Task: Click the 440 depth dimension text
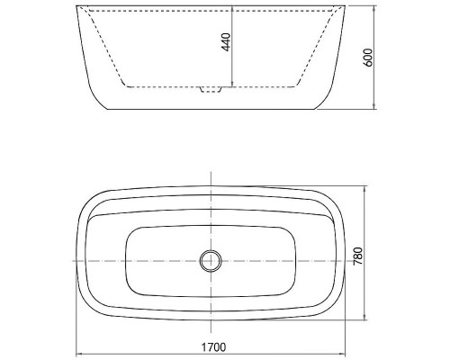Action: pos(226,42)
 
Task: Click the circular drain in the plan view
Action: pos(210,260)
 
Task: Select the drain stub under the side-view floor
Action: pos(210,90)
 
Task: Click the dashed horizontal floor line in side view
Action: pos(162,86)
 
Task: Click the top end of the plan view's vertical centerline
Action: pos(210,173)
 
